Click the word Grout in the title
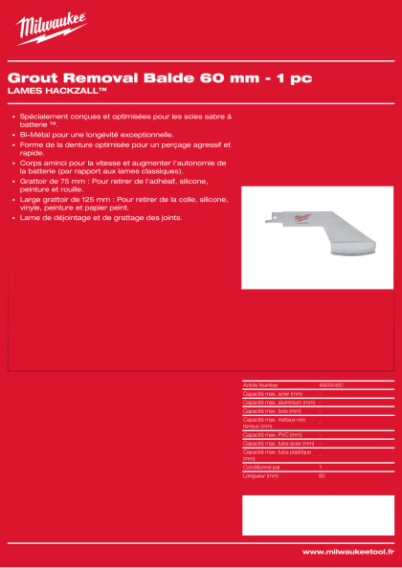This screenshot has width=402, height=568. pos(30,76)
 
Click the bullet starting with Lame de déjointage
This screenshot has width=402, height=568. pos(86,217)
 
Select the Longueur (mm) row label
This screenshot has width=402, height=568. pos(261,474)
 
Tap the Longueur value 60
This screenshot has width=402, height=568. pos(322,474)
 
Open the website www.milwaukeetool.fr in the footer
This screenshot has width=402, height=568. pos(346,552)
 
